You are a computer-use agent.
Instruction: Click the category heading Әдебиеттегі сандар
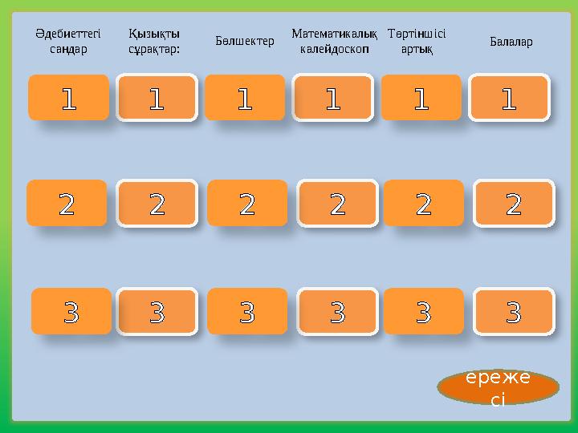click(68, 42)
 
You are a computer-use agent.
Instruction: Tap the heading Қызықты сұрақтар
click(154, 42)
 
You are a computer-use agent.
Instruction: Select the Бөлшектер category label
click(245, 41)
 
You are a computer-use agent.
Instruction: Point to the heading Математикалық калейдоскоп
click(334, 42)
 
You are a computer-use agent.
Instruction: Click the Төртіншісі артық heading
click(417, 42)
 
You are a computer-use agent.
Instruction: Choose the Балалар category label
click(511, 41)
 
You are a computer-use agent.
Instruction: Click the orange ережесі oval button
click(499, 386)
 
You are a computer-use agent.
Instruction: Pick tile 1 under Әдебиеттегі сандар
click(68, 98)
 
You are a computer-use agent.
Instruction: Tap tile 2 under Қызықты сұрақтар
click(157, 204)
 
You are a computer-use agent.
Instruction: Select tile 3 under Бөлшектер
click(247, 311)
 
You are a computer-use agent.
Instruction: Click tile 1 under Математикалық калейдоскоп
click(333, 98)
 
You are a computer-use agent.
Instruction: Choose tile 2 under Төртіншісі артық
click(423, 203)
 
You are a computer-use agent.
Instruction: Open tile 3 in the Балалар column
click(514, 311)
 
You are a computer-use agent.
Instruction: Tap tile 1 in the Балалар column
click(510, 98)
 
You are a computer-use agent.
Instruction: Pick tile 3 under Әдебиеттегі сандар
click(71, 311)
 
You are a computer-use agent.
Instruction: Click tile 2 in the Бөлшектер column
click(247, 203)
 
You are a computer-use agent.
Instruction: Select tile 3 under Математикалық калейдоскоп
click(337, 311)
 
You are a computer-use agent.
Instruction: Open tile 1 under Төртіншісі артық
click(421, 98)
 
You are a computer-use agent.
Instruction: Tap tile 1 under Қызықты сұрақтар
click(157, 98)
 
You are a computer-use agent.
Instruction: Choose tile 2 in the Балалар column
click(514, 204)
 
